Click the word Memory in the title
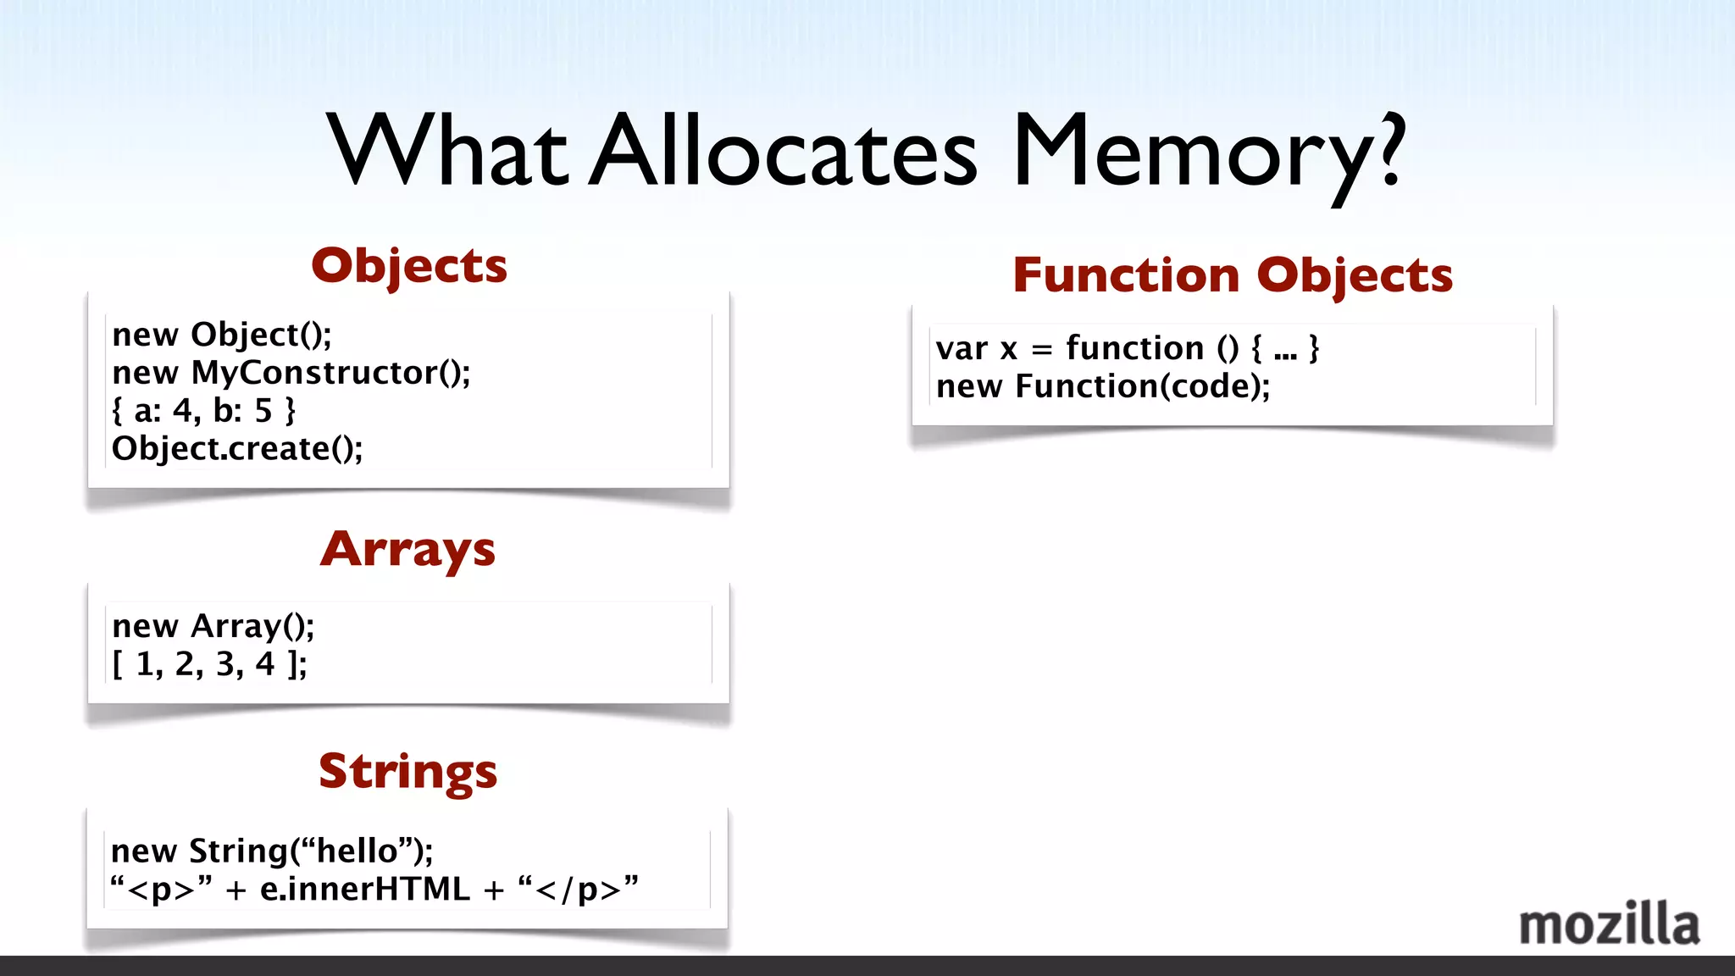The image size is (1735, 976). click(x=1195, y=152)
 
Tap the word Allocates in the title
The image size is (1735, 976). click(x=784, y=152)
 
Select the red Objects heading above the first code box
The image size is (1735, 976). click(x=409, y=266)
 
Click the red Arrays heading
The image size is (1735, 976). click(x=407, y=550)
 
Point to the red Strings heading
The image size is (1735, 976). click(x=407, y=772)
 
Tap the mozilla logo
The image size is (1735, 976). click(x=1609, y=925)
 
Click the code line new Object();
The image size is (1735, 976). click(x=222, y=335)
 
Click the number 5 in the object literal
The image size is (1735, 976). click(x=263, y=411)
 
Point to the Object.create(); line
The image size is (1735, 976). click(x=237, y=449)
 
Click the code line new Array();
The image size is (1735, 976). click(x=213, y=626)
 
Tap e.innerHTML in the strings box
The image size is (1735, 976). click(x=364, y=889)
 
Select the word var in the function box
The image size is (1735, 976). click(x=962, y=348)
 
